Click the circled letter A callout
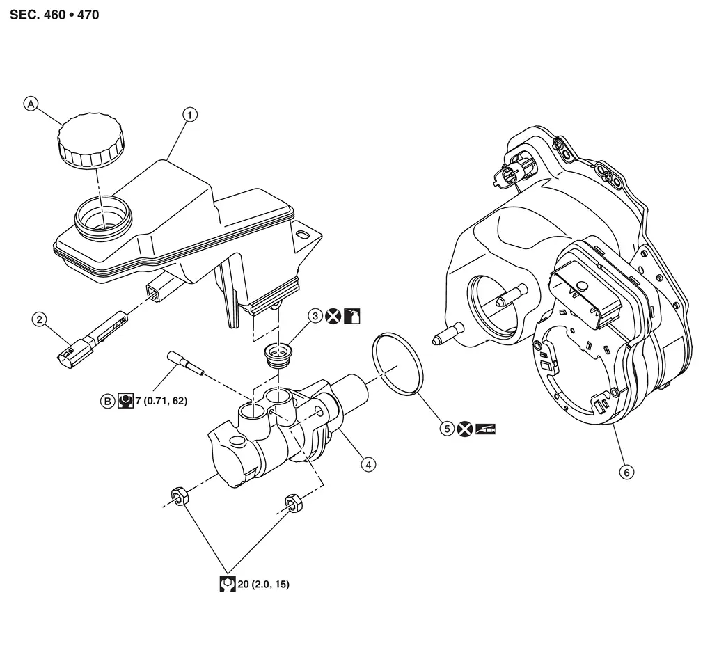coord(31,104)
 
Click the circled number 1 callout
coord(188,113)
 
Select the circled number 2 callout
coord(39,319)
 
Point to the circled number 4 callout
coord(368,463)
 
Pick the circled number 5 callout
coord(446,429)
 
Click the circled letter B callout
coord(107,401)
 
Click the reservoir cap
coord(91,143)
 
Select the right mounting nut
coord(292,502)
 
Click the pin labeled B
coord(184,364)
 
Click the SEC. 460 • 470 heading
coord(54,15)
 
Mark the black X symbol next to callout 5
coord(465,429)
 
